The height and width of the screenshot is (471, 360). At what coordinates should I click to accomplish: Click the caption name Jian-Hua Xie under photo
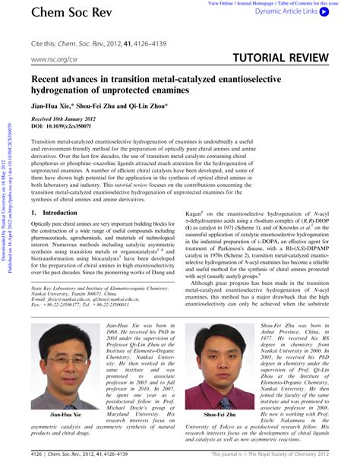55,416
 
